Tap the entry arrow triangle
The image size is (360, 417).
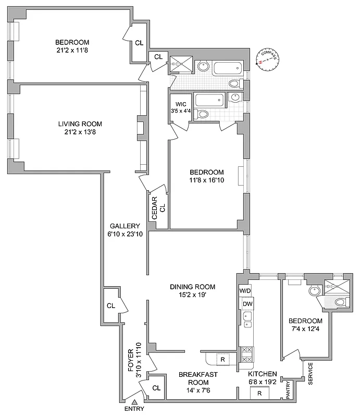tap(134, 402)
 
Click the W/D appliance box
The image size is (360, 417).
tap(245, 290)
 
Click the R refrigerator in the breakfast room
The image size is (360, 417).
tap(221, 359)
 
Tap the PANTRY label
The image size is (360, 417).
tap(288, 390)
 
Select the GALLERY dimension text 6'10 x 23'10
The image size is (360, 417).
tap(126, 234)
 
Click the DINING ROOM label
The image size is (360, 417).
tap(193, 287)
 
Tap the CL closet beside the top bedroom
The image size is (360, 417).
tap(139, 43)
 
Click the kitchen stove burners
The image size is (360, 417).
tap(246, 354)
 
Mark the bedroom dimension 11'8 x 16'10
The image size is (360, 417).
tap(207, 181)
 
